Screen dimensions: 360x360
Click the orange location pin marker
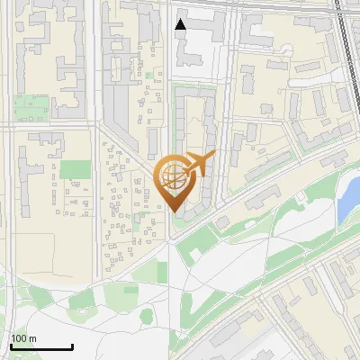pyautogui.click(x=173, y=180)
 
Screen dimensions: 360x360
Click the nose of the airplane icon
pyautogui.click(x=213, y=156)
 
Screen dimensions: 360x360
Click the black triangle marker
pyautogui.click(x=181, y=24)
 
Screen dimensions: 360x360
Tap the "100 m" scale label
pyautogui.click(x=23, y=338)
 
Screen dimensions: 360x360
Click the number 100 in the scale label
pyautogui.click(x=19, y=338)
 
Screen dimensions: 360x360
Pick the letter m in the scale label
pyautogui.click(x=32, y=339)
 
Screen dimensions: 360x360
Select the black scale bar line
pyautogui.click(x=40, y=347)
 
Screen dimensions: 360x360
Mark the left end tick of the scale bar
pyautogui.click(x=10, y=345)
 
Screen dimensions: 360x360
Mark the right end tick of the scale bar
pyautogui.click(x=72, y=345)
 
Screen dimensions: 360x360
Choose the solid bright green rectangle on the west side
pyautogui.click(x=76, y=170)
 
